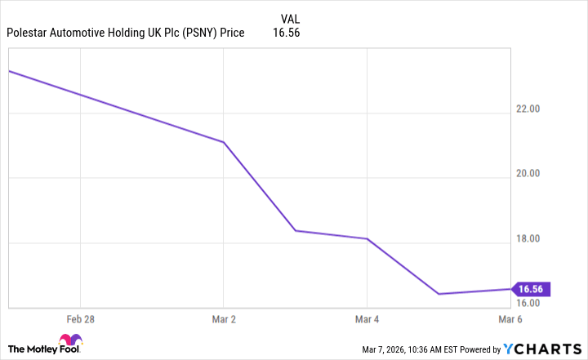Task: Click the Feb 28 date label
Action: pyautogui.click(x=80, y=318)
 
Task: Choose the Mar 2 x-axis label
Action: pyautogui.click(x=224, y=318)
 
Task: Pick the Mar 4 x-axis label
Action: pyautogui.click(x=367, y=318)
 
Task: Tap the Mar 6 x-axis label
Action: pyautogui.click(x=510, y=318)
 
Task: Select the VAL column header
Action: pyautogui.click(x=290, y=18)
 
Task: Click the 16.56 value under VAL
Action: pyautogui.click(x=290, y=33)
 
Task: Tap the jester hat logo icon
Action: pyautogui.click(x=69, y=342)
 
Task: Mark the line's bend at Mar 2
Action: pyautogui.click(x=224, y=142)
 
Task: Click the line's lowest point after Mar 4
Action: pyautogui.click(x=439, y=294)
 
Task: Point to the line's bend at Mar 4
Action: pyautogui.click(x=367, y=238)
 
